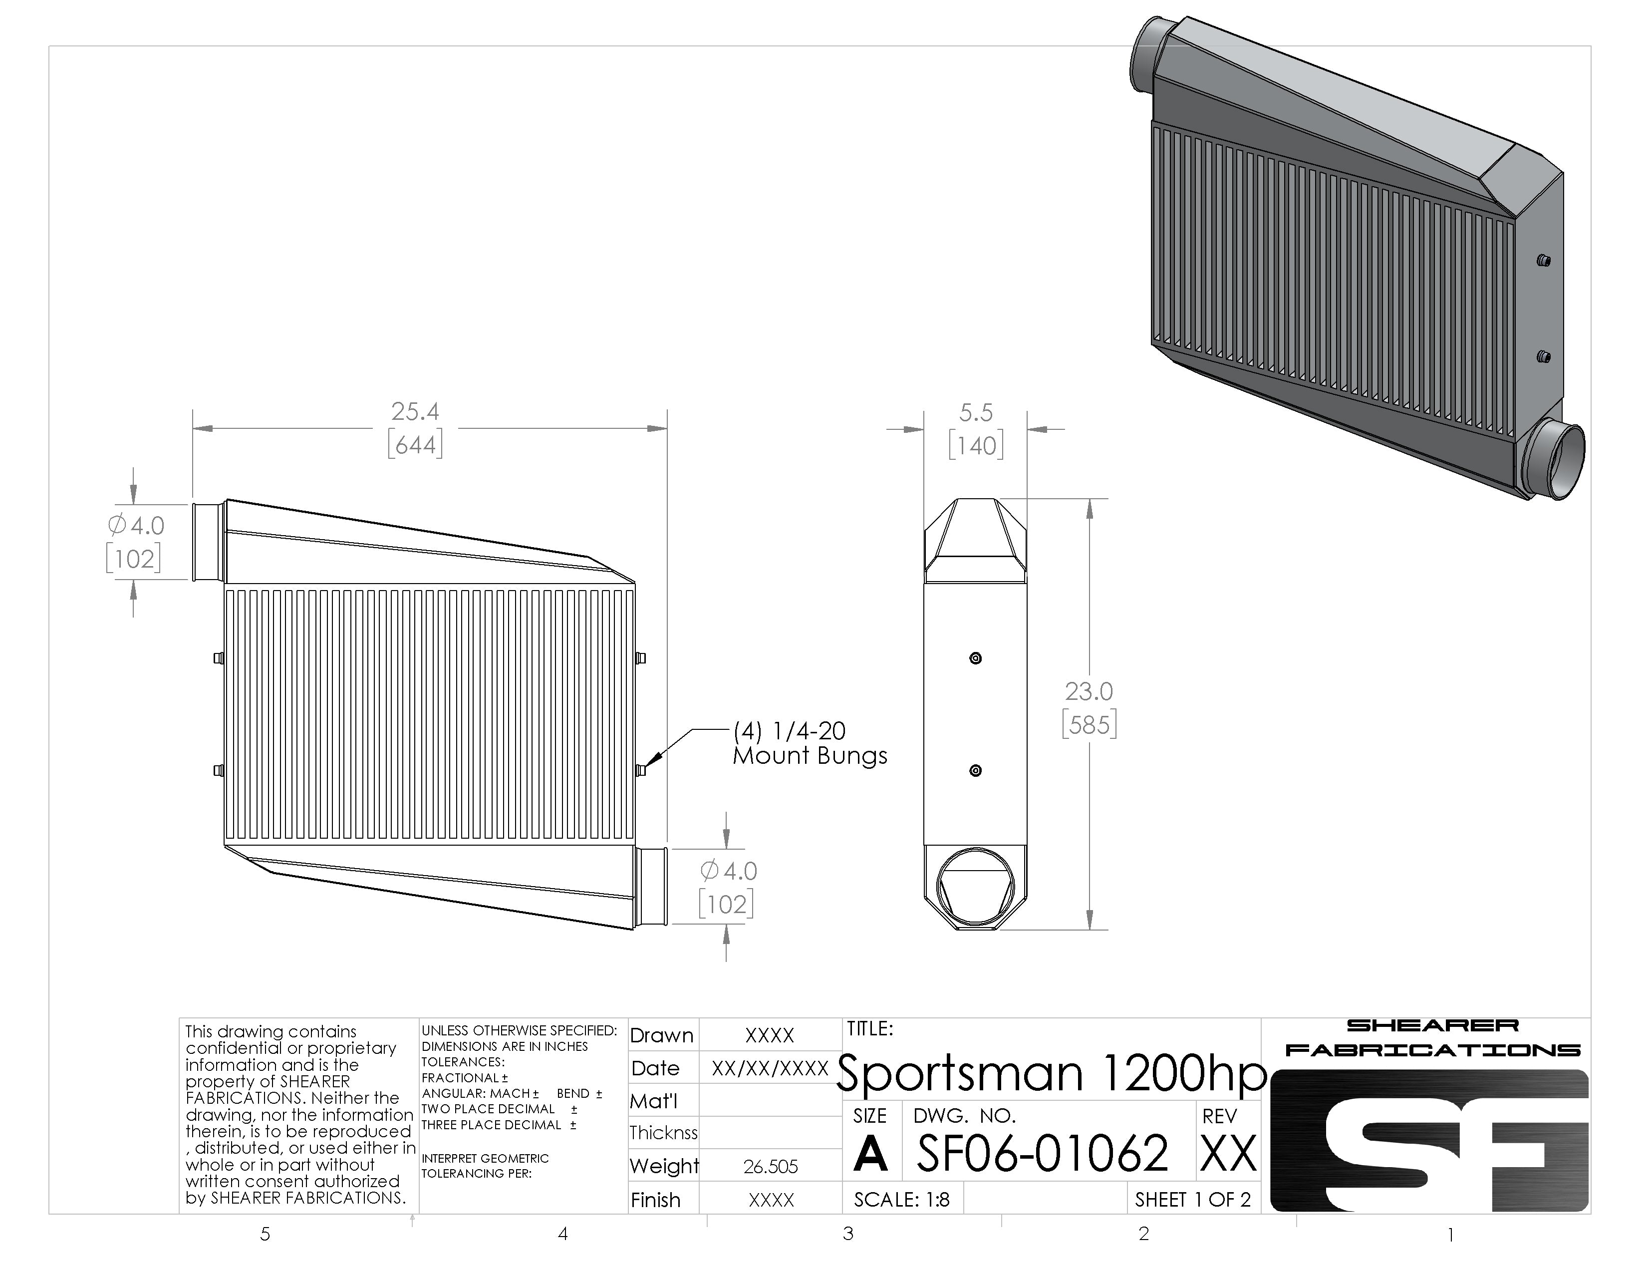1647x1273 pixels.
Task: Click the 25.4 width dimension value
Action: pyautogui.click(x=415, y=412)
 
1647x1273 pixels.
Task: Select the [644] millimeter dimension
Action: pyautogui.click(x=415, y=445)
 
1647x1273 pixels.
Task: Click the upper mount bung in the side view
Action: pyautogui.click(x=975, y=658)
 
